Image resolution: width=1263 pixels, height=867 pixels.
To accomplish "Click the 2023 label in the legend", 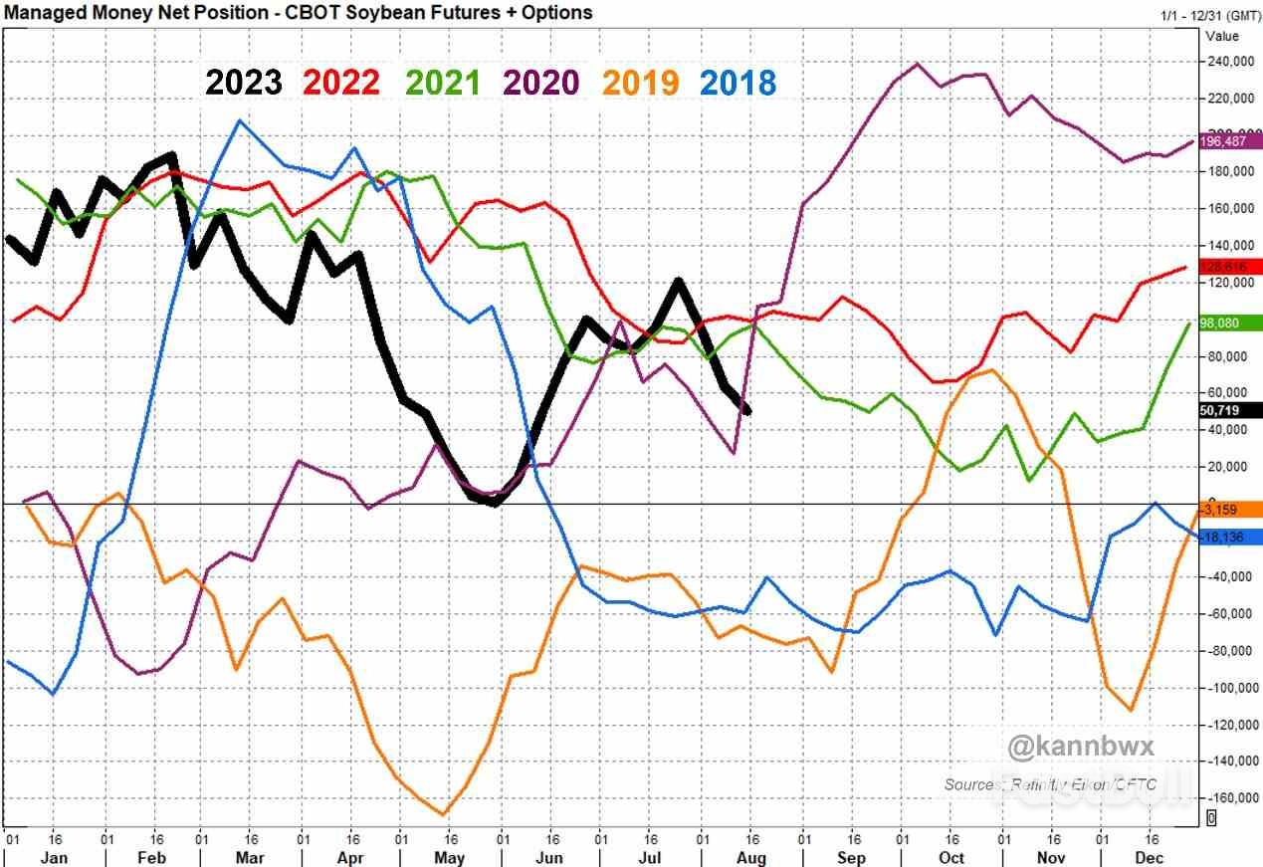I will coord(244,83).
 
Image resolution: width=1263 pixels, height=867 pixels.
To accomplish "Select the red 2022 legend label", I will coord(341,83).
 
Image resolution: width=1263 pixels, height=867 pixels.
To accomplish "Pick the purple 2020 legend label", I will coord(540,83).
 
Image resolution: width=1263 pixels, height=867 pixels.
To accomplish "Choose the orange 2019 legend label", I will coord(640,83).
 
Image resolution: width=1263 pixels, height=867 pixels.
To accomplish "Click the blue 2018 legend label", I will coord(737,83).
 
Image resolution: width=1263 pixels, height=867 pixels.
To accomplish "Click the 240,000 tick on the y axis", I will coord(1230,62).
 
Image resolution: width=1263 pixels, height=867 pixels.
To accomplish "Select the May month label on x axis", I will coord(451,858).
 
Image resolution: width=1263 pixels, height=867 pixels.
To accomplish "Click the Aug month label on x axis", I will coord(751,858).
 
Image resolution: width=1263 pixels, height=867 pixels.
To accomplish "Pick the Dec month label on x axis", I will coord(1150,858).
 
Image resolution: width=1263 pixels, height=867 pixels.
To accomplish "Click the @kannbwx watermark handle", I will coord(1068,747).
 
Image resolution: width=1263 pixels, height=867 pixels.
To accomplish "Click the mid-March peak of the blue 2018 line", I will coord(239,121).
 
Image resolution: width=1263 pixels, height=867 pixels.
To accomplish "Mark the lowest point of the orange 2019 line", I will coord(443,814).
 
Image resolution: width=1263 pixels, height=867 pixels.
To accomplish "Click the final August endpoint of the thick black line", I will coord(748,411).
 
